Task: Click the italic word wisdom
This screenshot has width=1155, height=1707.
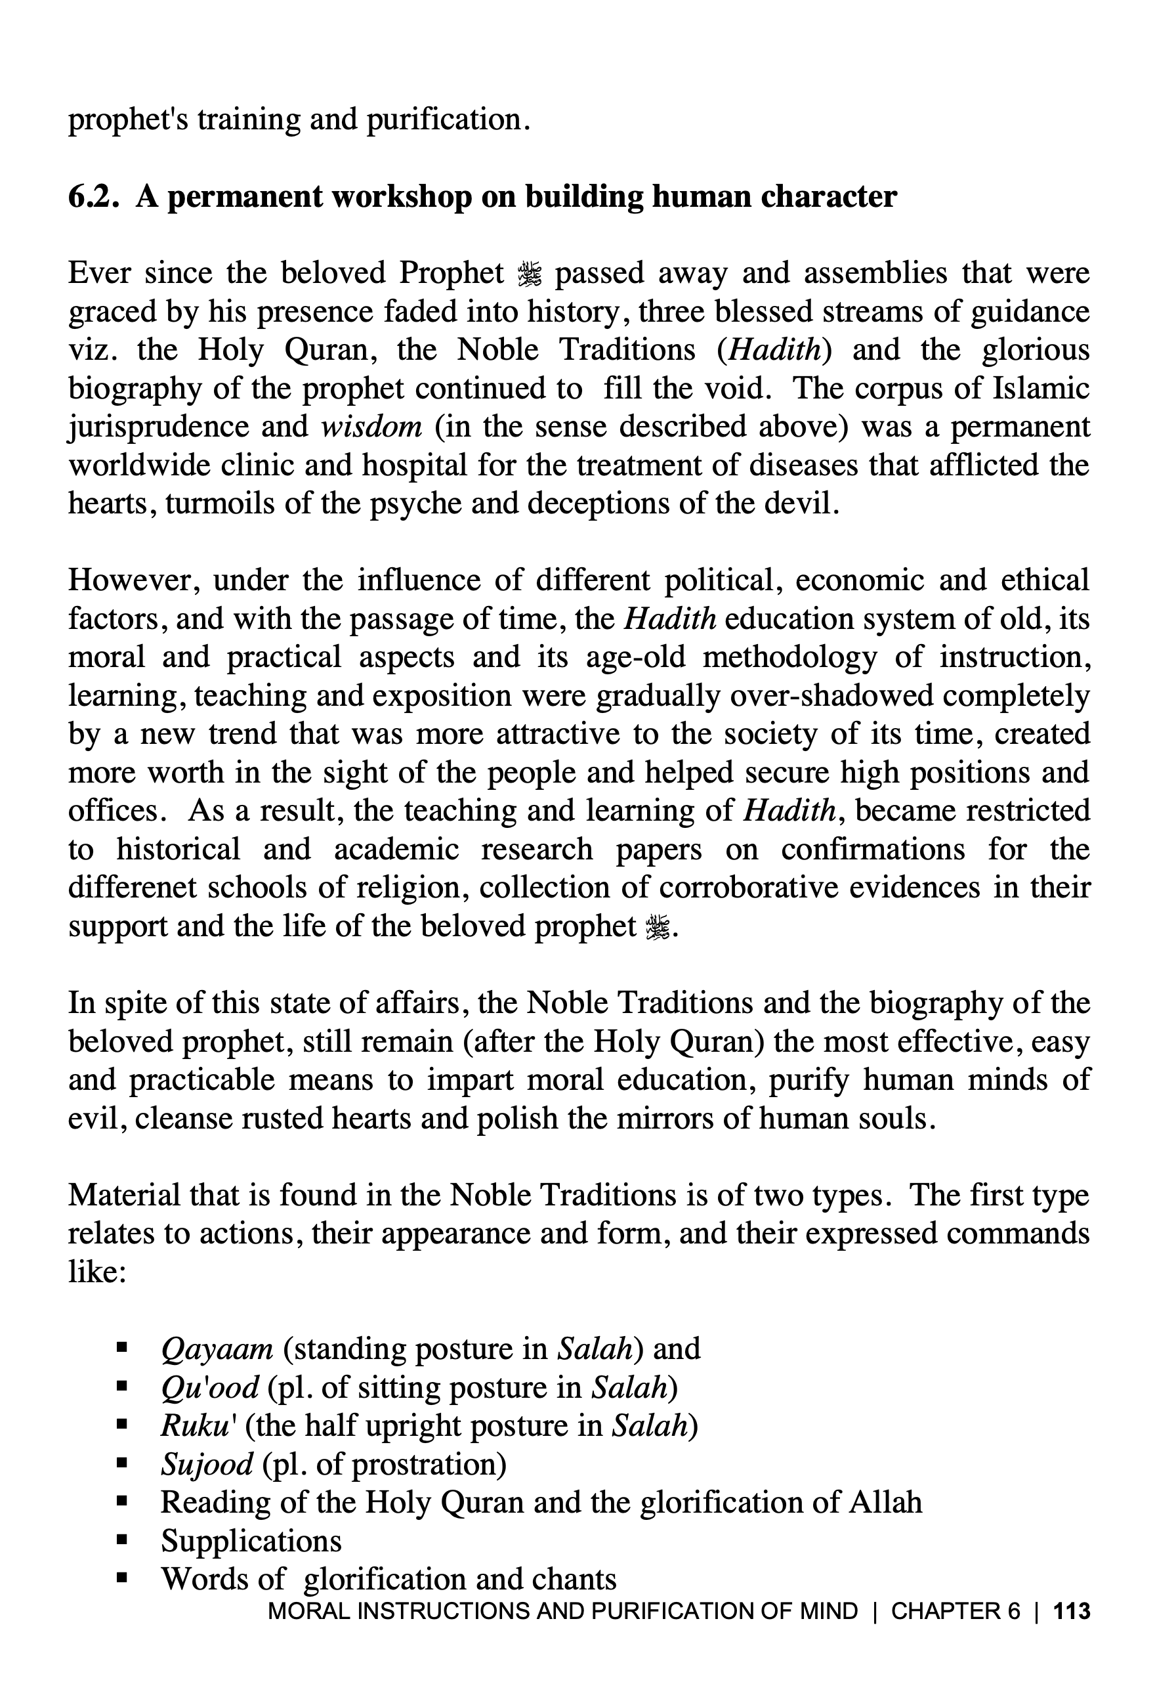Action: click(371, 426)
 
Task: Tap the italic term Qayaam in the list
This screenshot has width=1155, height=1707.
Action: click(217, 1349)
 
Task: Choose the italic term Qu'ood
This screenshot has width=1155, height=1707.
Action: click(209, 1387)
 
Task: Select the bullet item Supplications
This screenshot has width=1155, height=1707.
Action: click(251, 1540)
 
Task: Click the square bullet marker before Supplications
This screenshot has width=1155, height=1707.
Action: click(122, 1540)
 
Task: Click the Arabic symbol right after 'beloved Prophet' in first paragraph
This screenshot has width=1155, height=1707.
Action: click(529, 274)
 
